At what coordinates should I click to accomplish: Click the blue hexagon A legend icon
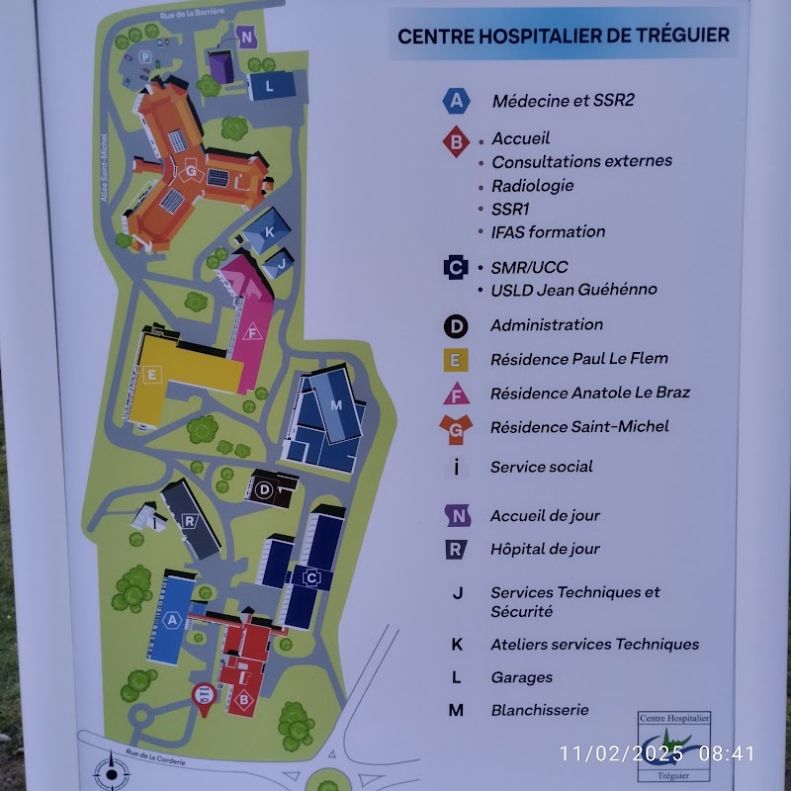tap(456, 100)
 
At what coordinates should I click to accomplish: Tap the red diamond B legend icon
tap(456, 143)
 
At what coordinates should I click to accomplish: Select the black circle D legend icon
tap(456, 325)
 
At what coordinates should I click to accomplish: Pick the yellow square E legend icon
tap(456, 359)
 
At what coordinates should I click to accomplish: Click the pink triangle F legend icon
tap(456, 394)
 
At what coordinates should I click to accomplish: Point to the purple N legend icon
tap(456, 515)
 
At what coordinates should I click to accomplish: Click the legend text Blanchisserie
tap(539, 710)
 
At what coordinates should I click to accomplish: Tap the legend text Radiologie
tap(532, 185)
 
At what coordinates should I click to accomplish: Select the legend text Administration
tap(546, 324)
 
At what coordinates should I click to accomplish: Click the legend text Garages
tap(521, 677)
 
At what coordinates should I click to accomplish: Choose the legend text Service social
tap(541, 467)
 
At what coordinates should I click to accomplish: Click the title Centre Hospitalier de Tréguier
tap(563, 36)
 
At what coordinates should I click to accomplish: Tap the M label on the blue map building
tap(335, 405)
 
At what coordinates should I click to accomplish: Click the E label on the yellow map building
tap(152, 375)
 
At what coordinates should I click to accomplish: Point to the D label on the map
tap(264, 489)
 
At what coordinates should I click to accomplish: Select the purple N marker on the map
tap(247, 39)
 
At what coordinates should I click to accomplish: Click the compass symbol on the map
tap(111, 769)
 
